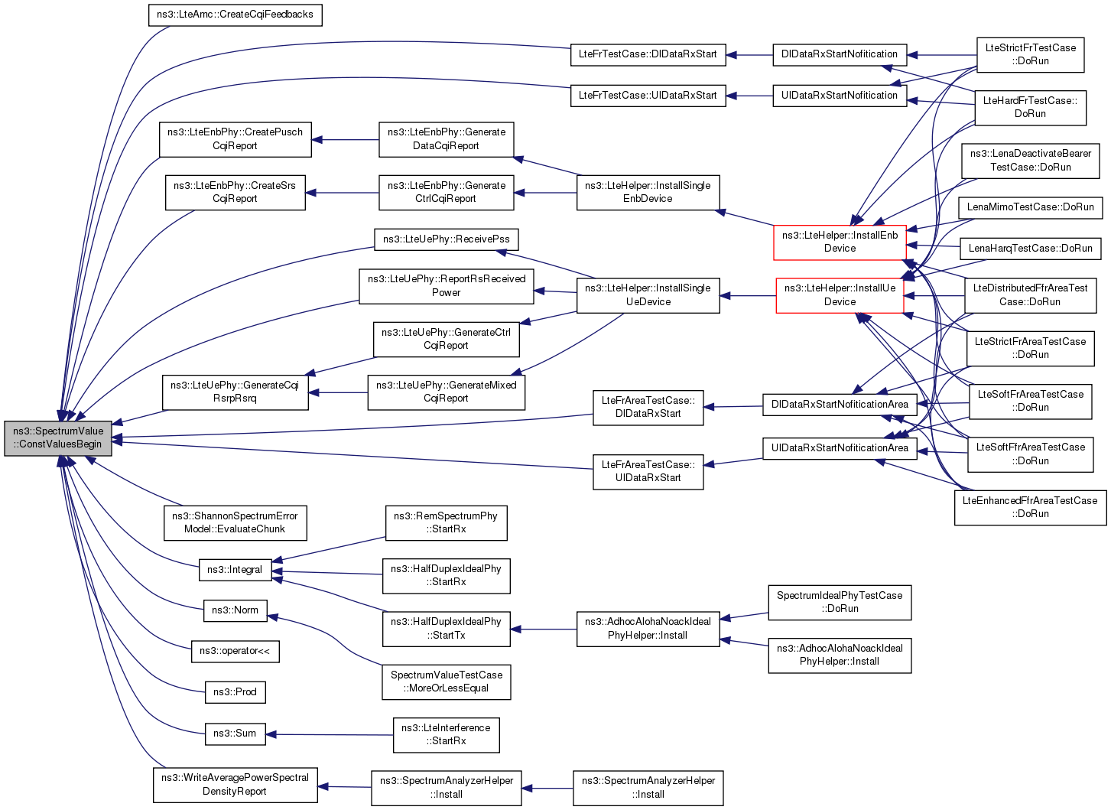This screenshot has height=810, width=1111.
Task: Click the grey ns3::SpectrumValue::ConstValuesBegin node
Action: (58, 438)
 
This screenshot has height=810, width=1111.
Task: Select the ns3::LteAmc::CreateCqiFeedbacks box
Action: (235, 15)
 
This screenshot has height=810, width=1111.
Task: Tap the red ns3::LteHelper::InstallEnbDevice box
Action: (840, 242)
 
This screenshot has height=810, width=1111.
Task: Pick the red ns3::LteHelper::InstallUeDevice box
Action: (840, 296)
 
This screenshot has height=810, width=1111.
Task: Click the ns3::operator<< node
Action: (235, 651)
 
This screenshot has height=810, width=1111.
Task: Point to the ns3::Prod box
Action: (235, 692)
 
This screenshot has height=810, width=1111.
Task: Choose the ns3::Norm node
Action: (235, 610)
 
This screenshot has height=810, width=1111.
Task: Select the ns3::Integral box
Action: (235, 570)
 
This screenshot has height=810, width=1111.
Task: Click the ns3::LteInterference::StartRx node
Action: (447, 734)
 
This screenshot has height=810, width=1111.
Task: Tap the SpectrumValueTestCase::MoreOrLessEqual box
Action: (447, 682)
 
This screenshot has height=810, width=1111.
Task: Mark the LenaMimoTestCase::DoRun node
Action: (1031, 207)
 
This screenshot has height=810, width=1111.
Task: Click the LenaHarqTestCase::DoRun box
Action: (1031, 249)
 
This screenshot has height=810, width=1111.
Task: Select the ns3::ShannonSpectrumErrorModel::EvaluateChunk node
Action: (235, 523)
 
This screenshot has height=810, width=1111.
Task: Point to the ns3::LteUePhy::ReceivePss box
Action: (447, 239)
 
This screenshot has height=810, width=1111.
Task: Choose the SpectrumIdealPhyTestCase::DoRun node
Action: (840, 602)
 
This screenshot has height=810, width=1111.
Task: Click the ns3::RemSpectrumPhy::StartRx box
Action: (447, 523)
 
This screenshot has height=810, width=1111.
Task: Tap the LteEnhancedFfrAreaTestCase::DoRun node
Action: (1030, 507)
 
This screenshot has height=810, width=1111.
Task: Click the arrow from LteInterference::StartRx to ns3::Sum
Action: (330, 734)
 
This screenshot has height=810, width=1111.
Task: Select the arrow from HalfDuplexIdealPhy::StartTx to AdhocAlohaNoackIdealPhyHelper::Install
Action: (543, 629)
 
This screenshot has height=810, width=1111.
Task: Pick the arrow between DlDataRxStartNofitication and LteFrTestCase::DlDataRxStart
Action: (749, 55)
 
